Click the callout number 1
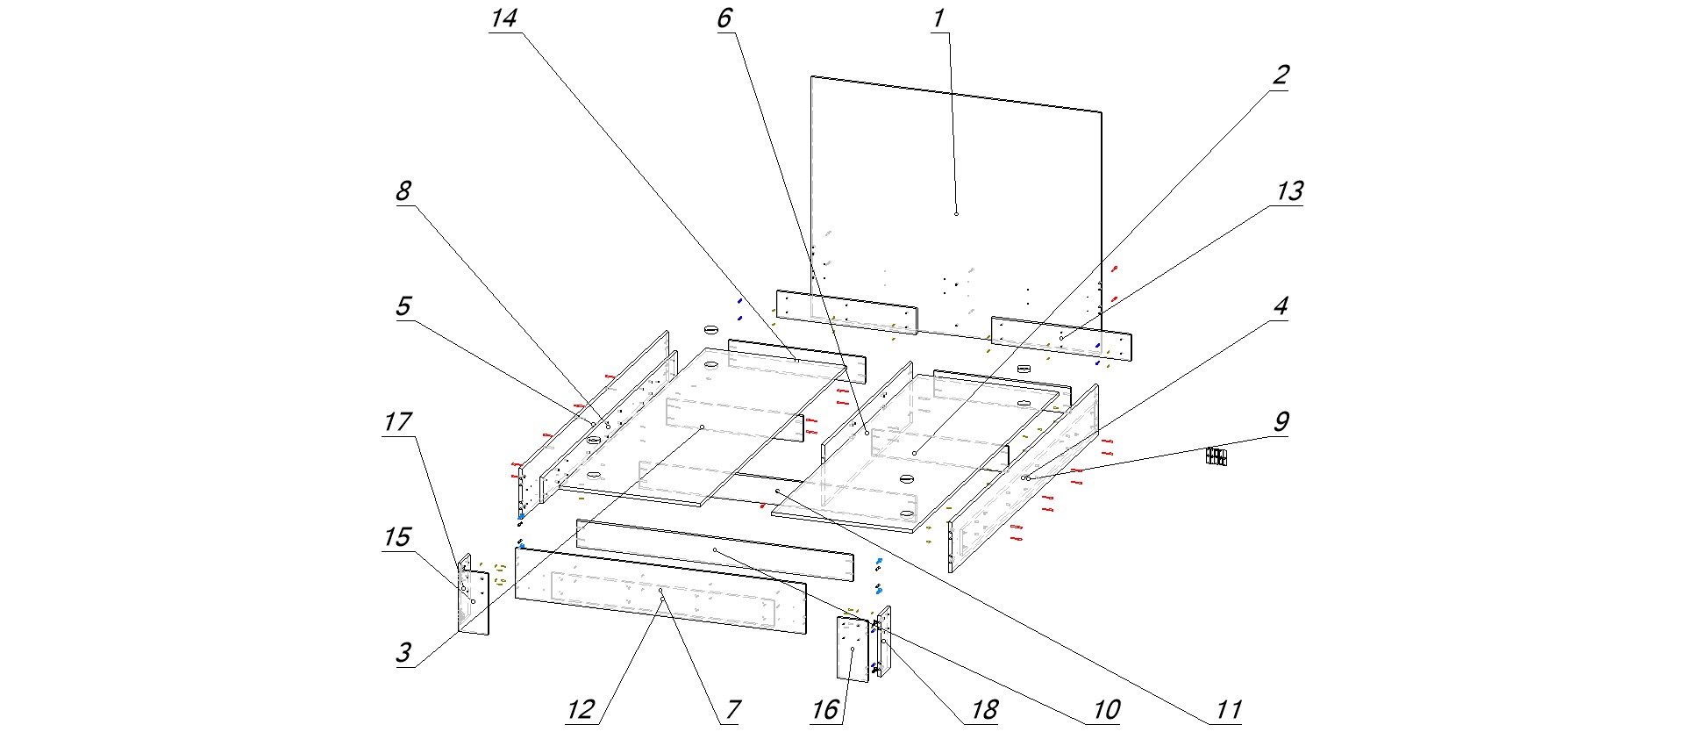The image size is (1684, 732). [x=938, y=18]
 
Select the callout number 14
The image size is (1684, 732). [x=503, y=18]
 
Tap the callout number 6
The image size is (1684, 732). [x=724, y=18]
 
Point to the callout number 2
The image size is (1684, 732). [x=1281, y=75]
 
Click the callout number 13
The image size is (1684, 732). [x=1289, y=190]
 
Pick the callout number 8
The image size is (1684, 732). [x=403, y=190]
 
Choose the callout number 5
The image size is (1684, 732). [x=403, y=305]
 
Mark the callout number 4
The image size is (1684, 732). [x=1281, y=305]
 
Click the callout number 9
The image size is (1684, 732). [x=1281, y=421]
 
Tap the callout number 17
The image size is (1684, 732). [x=396, y=421]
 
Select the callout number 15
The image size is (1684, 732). [x=396, y=536]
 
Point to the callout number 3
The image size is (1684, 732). [x=403, y=652]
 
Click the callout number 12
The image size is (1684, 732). [x=581, y=709]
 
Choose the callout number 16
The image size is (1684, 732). [x=824, y=709]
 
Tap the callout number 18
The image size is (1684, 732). [x=984, y=709]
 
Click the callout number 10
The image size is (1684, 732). [x=1107, y=709]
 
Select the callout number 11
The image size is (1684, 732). [x=1228, y=709]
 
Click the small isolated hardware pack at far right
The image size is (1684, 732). [x=1216, y=456]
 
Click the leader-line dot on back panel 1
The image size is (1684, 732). [x=956, y=213]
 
